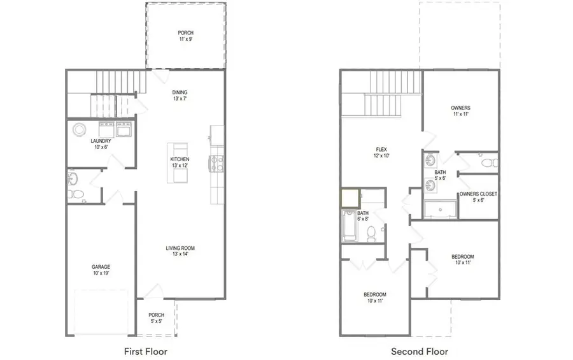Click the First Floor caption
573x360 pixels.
point(145,352)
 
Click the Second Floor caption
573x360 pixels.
point(420,352)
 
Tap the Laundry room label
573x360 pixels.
point(101,144)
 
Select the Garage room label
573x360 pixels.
point(101,270)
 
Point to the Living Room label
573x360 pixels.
point(180,251)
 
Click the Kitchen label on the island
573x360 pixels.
point(180,162)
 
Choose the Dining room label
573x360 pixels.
point(180,96)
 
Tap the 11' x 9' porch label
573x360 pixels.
point(186,36)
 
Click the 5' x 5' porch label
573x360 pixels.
point(157,318)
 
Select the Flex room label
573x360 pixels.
point(381,152)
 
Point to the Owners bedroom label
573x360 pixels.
point(460,111)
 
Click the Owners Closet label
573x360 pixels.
point(478,197)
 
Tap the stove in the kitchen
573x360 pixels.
point(216,164)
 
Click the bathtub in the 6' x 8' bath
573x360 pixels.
point(350,226)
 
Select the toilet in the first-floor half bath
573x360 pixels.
point(76,194)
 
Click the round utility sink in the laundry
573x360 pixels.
point(79,129)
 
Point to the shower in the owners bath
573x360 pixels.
point(441,209)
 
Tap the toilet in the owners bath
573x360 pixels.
point(489,162)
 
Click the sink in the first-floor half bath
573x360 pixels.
point(73,178)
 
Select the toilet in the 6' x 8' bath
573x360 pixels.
point(371,234)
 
